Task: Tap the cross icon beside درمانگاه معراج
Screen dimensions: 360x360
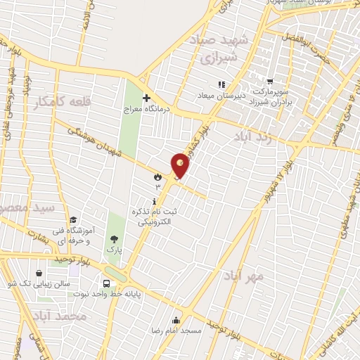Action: pyautogui.click(x=146, y=98)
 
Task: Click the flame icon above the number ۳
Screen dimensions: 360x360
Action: pyautogui.click(x=157, y=177)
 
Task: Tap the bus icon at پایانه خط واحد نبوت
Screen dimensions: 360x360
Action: pyautogui.click(x=106, y=285)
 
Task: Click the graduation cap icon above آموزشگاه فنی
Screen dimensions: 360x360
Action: pyautogui.click(x=73, y=219)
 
